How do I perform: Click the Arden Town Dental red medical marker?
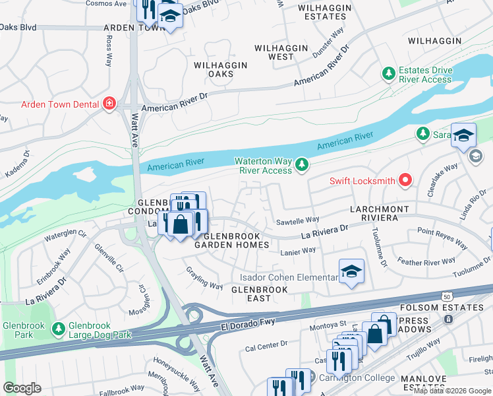(108, 104)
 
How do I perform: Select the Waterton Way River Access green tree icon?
(302, 163)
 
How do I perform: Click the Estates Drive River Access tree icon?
(389, 73)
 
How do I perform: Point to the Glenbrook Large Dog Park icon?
(59, 328)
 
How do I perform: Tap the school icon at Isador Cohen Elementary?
(351, 271)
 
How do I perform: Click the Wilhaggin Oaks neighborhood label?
(220, 69)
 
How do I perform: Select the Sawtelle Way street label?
(298, 219)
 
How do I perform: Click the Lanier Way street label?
(298, 251)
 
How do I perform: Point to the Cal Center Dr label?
(267, 344)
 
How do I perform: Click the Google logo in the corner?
(22, 387)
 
